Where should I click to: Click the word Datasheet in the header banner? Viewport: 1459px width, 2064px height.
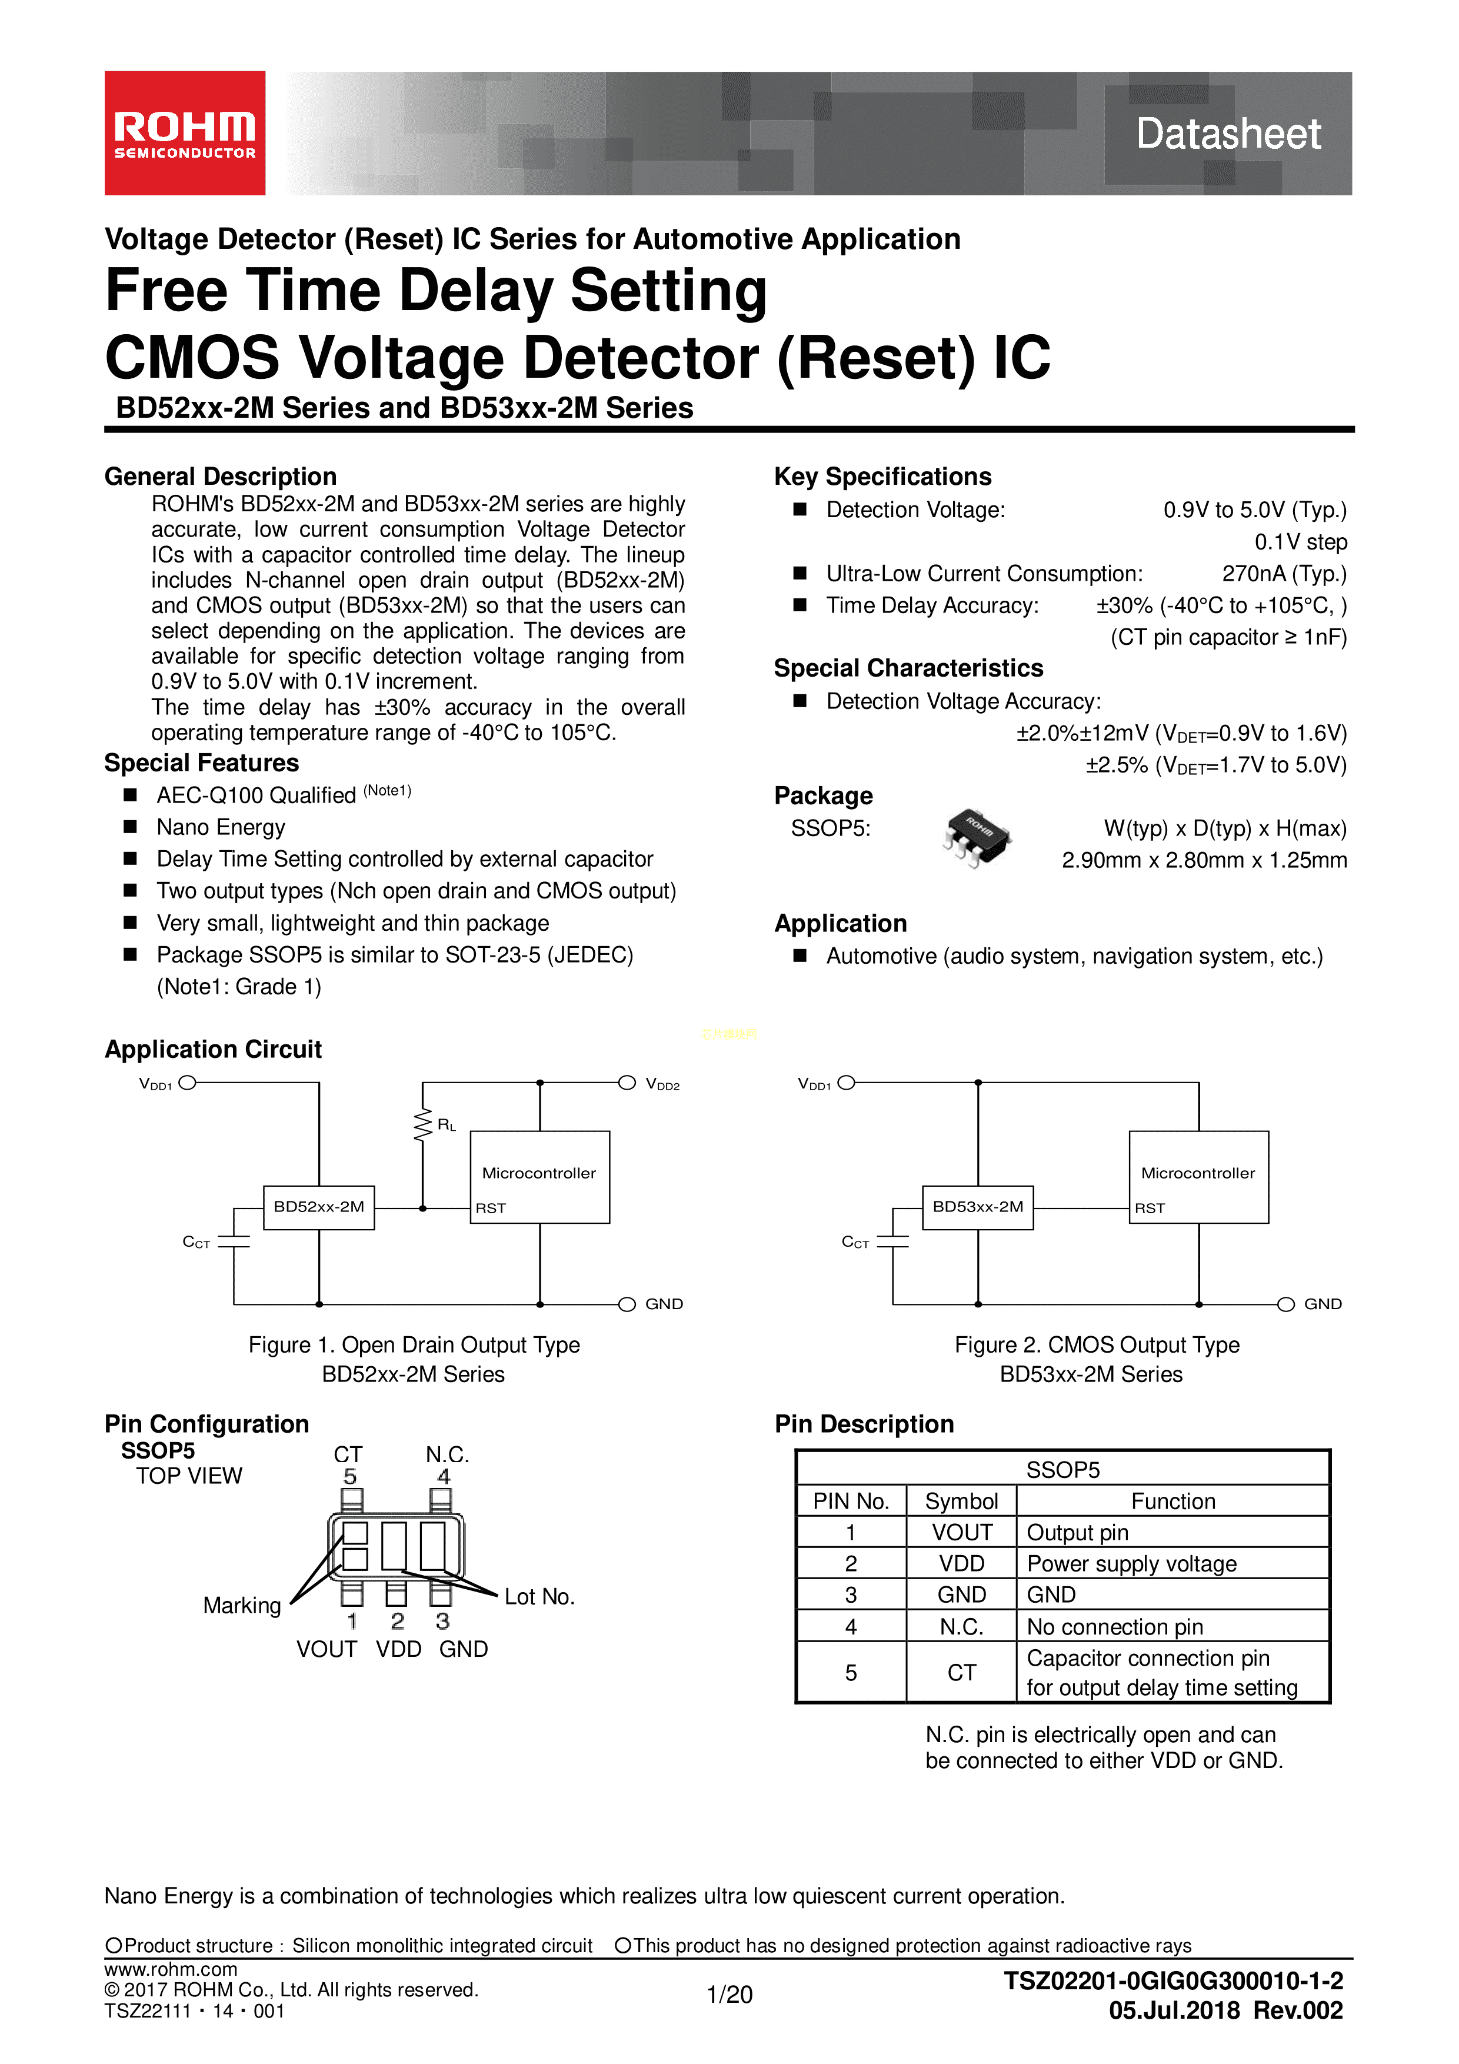point(1228,134)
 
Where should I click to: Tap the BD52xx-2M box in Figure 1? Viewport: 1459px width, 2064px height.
point(318,1206)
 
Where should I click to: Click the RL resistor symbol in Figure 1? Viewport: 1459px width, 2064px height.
point(422,1124)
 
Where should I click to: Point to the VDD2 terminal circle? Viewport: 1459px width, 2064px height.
point(627,1083)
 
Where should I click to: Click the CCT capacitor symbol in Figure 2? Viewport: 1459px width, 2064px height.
point(892,1241)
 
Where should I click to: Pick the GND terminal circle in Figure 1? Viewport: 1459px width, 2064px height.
point(627,1304)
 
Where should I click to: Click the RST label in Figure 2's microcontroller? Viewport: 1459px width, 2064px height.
point(1150,1208)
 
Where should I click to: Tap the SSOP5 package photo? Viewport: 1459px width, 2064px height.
point(977,836)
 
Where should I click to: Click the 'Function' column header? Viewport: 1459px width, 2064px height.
point(1172,1502)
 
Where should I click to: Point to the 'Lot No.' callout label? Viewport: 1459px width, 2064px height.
point(539,1597)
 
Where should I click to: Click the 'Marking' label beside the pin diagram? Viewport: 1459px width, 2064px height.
point(242,1606)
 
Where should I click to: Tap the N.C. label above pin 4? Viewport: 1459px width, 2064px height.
point(447,1454)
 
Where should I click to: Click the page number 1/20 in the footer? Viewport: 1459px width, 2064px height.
point(729,1995)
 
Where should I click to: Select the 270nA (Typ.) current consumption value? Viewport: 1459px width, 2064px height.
point(1284,574)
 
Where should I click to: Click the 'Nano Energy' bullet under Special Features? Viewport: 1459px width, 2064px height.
point(220,827)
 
